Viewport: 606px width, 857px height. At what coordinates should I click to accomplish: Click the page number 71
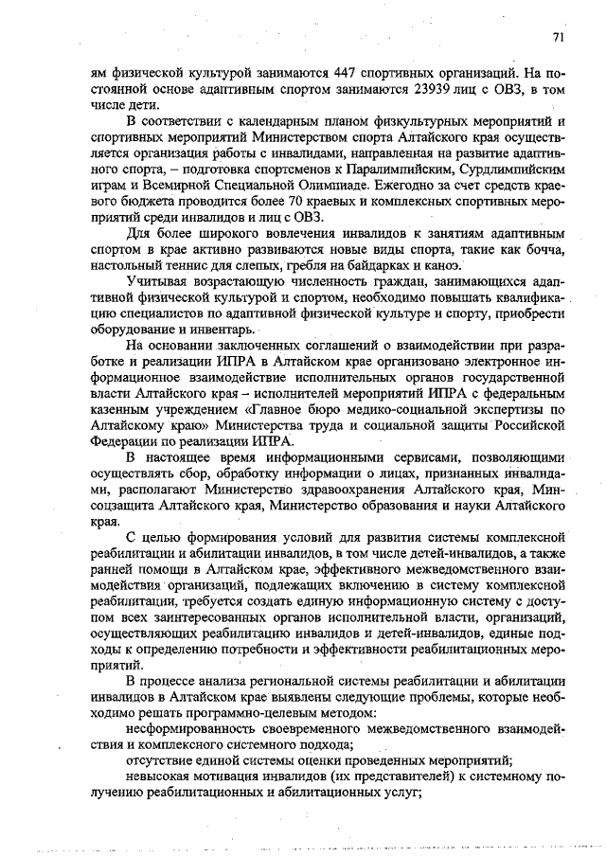[558, 37]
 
